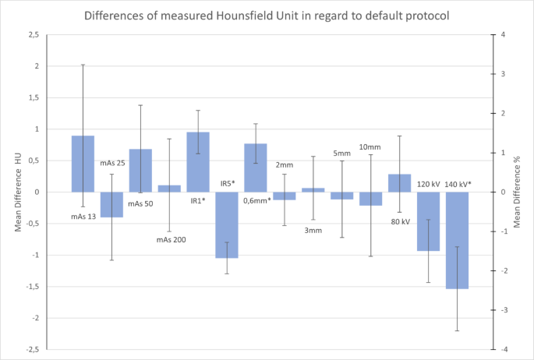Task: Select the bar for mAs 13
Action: [83, 164]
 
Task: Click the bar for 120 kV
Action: [428, 221]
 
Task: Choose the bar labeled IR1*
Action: [198, 162]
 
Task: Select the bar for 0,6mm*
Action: [256, 168]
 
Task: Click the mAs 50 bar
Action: [140, 170]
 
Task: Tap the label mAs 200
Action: [170, 239]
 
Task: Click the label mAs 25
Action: [112, 163]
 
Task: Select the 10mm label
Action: [370, 147]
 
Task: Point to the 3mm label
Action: [313, 231]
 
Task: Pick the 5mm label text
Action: [341, 154]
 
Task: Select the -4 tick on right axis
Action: [505, 349]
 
